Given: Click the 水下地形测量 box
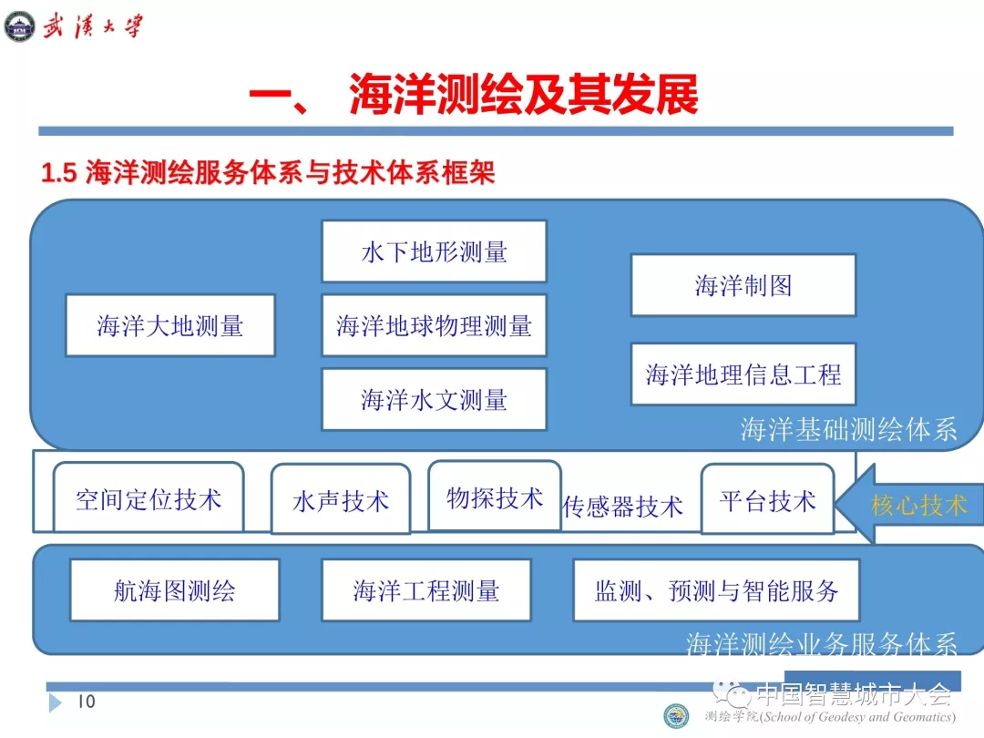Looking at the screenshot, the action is [434, 251].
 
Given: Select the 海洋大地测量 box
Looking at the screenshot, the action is [170, 325].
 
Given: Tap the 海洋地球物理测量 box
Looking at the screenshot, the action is [434, 325].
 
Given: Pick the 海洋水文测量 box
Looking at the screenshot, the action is [434, 399].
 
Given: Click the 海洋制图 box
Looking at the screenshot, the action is [743, 286].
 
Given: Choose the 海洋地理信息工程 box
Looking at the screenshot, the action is [743, 374].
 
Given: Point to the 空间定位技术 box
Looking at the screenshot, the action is [149, 497].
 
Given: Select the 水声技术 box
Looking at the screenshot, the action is [341, 500].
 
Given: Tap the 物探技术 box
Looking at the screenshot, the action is [494, 497].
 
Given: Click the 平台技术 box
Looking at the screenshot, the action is [767, 499].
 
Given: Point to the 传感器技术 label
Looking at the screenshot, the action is [622, 507].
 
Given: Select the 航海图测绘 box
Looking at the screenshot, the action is [174, 590].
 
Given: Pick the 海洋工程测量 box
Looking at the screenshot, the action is [425, 590].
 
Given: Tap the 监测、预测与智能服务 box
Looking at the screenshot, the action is [716, 590].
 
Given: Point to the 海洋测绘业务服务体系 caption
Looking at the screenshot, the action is [821, 644].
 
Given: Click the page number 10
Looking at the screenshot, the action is [86, 701].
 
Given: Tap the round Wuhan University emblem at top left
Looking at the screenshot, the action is [19, 25].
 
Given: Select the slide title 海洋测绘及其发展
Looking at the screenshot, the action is [523, 96].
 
